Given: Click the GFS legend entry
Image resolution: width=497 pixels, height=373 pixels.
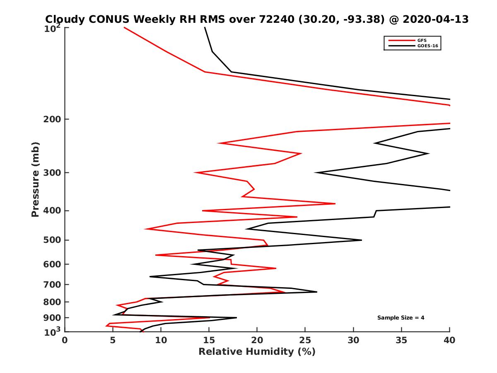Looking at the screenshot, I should click(x=422, y=40).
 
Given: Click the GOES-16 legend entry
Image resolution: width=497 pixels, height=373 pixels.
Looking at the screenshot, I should click(x=427, y=46).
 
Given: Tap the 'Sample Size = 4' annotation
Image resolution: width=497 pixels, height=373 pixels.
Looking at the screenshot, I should click(x=400, y=318).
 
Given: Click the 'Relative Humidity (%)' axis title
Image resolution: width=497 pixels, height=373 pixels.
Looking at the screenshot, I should click(x=257, y=352).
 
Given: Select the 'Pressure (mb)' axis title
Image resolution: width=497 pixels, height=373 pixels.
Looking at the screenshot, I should click(x=35, y=179).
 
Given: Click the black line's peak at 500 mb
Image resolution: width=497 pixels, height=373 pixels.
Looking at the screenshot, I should click(x=362, y=240).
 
